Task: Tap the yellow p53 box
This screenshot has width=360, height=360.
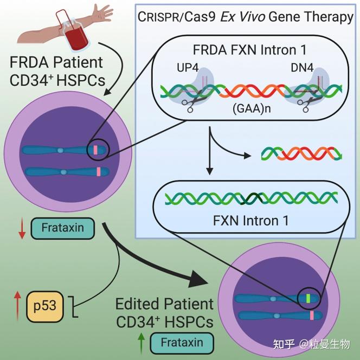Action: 45,307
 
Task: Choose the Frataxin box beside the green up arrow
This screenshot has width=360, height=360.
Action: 182,342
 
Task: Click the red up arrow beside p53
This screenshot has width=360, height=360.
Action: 17,306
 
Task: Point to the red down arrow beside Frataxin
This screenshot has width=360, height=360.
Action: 22,228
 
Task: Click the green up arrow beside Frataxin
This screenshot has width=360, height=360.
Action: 141,343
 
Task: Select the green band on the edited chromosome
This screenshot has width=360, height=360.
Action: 308,297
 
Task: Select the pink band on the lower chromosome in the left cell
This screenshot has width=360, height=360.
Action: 99,172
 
